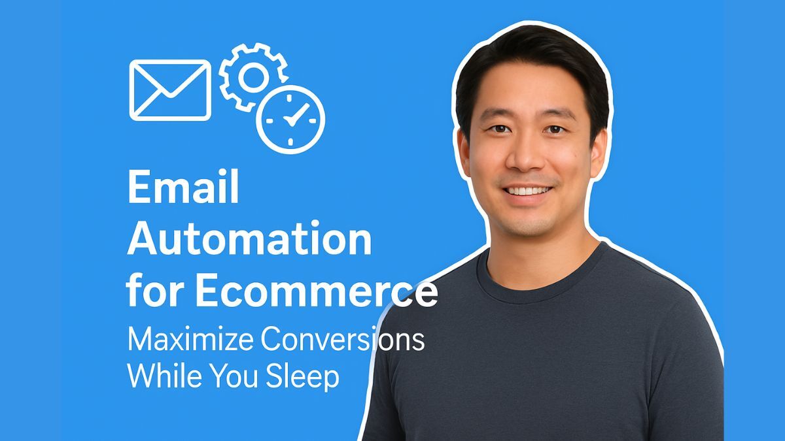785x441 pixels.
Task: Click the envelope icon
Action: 170,90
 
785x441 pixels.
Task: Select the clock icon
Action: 290,120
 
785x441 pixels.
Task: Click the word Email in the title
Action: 183,188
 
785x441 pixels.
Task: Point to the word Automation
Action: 249,239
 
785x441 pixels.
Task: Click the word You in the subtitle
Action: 238,376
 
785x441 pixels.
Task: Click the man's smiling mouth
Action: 527,191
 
